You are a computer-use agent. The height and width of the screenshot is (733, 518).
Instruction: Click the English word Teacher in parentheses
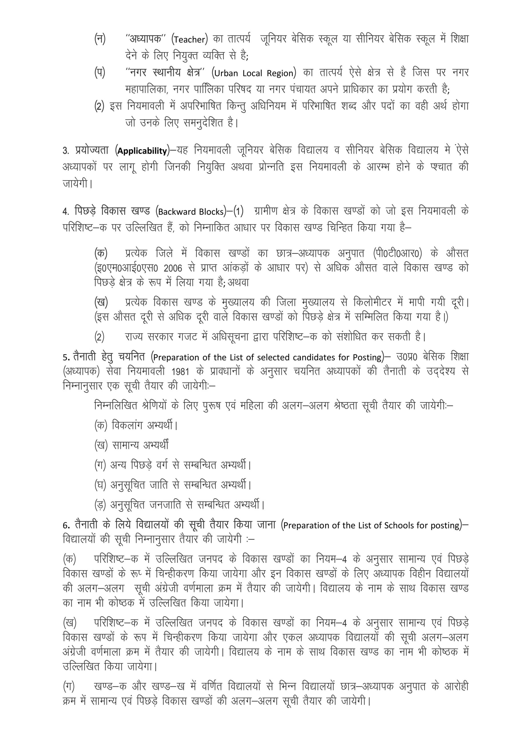click(x=189, y=40)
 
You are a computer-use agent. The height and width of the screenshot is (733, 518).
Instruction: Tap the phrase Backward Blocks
click(x=191, y=212)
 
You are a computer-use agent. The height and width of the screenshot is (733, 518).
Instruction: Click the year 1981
click(x=180, y=372)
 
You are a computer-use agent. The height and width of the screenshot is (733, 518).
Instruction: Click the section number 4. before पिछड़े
click(x=66, y=212)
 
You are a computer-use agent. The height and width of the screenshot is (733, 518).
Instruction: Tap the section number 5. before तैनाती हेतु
click(x=66, y=357)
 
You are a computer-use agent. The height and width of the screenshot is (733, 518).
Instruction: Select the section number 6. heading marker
click(x=66, y=525)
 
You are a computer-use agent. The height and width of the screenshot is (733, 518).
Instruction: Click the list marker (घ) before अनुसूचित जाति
click(x=100, y=485)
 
